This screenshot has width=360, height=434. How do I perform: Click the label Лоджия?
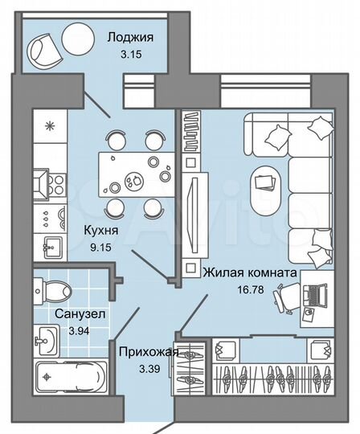(132, 37)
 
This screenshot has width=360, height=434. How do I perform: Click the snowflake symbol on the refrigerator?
(49, 126)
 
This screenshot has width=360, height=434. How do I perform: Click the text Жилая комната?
(250, 273)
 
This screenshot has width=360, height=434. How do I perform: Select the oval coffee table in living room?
(264, 186)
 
